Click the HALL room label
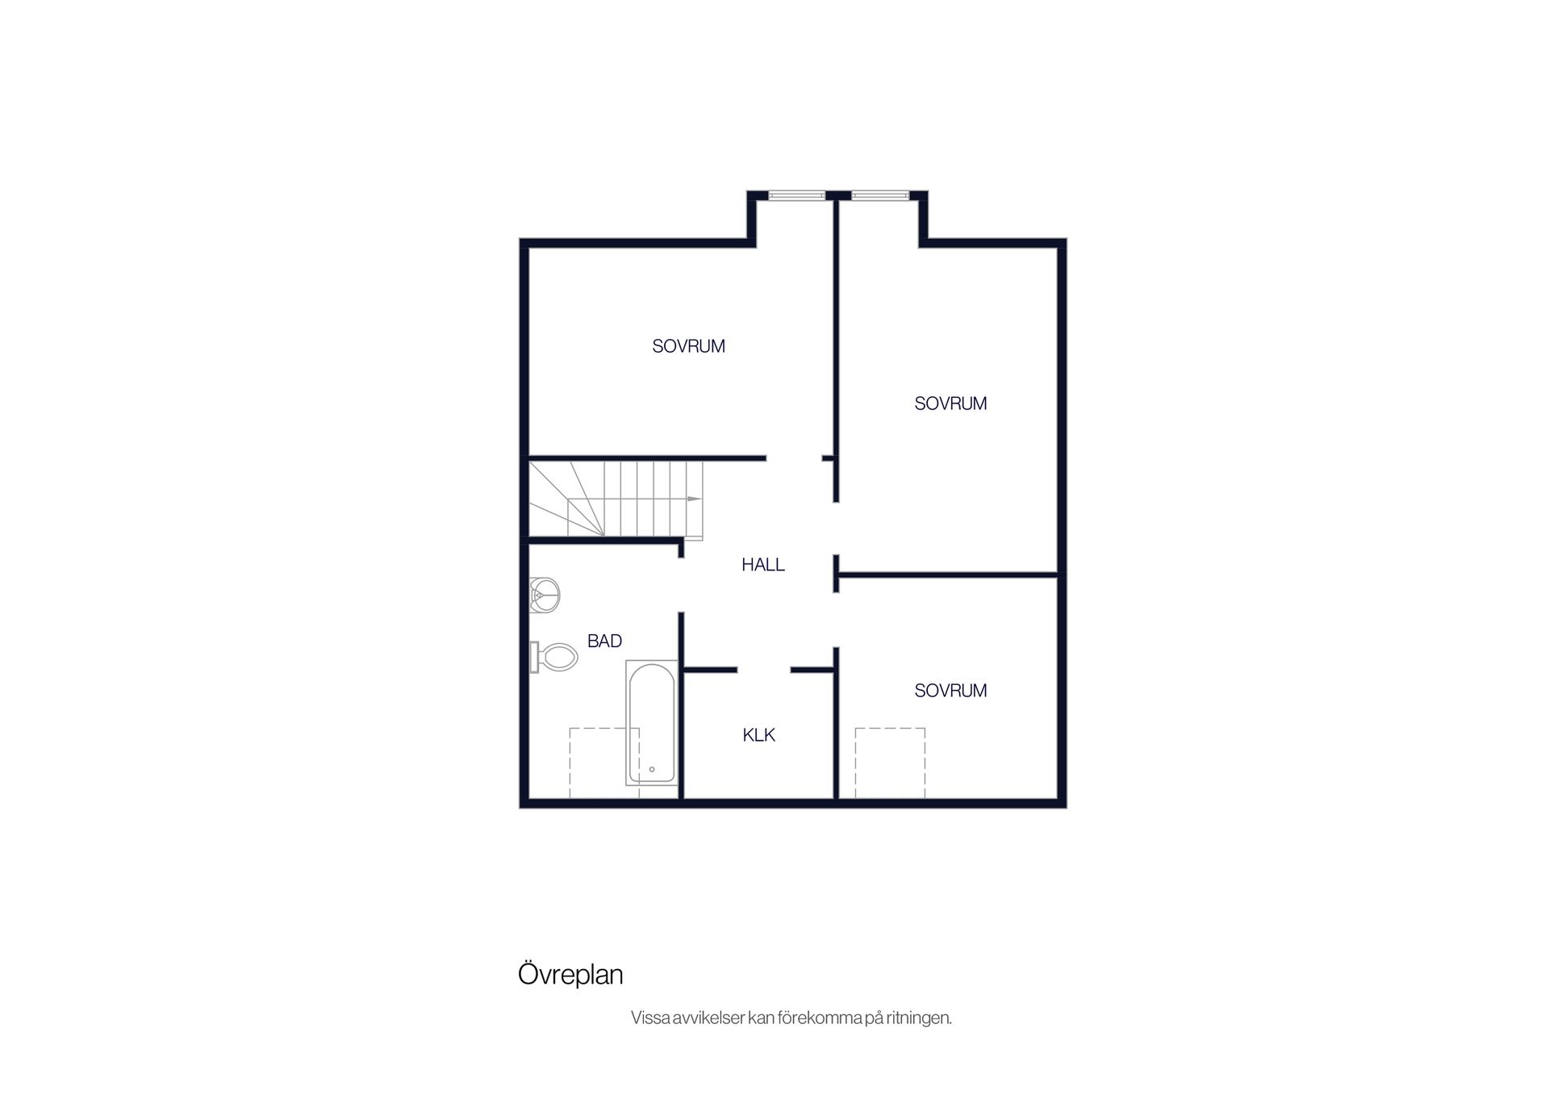click(763, 565)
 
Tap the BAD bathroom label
click(604, 641)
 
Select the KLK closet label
click(759, 735)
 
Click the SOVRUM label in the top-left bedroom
click(688, 346)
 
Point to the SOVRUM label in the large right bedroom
click(950, 403)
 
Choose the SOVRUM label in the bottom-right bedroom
click(950, 691)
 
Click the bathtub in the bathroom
click(652, 723)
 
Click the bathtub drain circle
click(652, 770)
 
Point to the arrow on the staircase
click(694, 499)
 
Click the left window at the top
click(796, 194)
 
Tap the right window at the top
click(880, 194)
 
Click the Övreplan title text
click(570, 975)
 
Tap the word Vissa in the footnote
click(650, 1018)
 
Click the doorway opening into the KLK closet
click(764, 670)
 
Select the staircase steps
click(616, 499)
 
